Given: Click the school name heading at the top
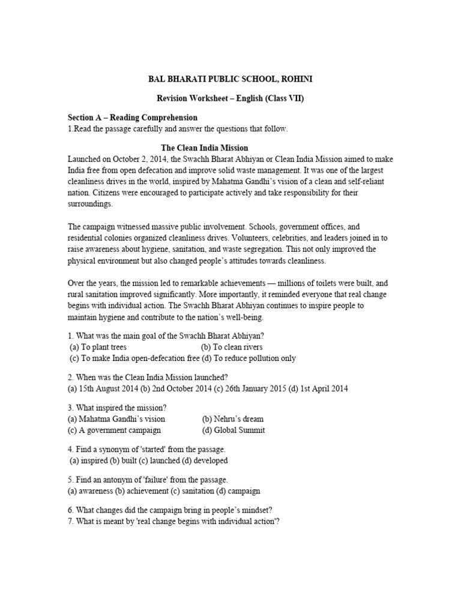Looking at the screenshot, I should point(230,79).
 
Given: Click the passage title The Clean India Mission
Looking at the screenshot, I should point(205,148).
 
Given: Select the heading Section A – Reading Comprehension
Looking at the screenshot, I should point(133,118).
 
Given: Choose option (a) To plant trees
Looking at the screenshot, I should point(98,347).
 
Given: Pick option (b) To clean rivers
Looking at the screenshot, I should point(232,347).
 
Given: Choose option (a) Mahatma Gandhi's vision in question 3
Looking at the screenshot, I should point(116,419).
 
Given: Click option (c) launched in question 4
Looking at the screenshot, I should point(164,460).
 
